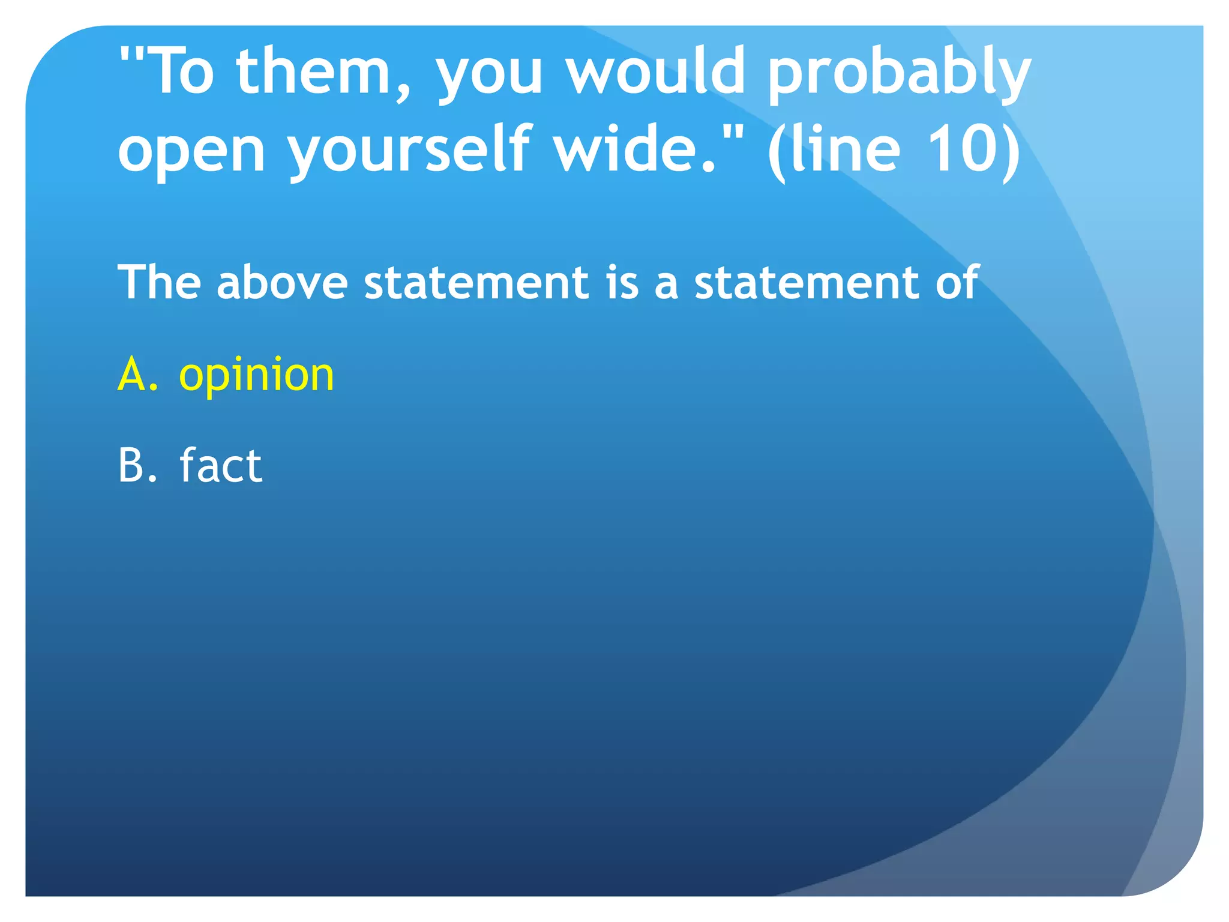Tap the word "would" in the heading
(x=657, y=72)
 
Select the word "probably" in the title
(x=899, y=75)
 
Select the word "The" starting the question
(x=159, y=282)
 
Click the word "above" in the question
(x=283, y=283)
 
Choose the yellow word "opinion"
(x=256, y=376)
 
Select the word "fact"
(x=221, y=465)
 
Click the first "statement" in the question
(x=477, y=283)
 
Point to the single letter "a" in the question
(x=666, y=285)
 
